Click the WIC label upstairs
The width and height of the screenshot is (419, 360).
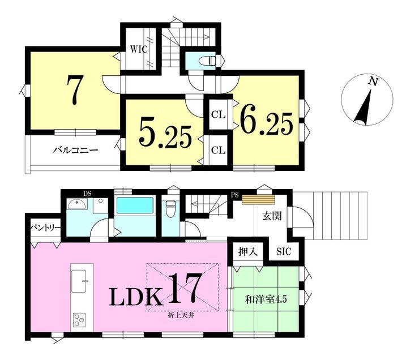[139, 49]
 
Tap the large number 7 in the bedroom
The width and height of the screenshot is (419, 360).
[74, 90]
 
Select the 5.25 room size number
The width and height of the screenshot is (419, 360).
[165, 136]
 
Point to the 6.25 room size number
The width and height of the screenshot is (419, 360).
[267, 122]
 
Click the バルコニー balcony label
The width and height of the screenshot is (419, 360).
[76, 151]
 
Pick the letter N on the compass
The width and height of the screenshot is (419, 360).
[373, 82]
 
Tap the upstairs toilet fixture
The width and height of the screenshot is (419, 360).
[208, 61]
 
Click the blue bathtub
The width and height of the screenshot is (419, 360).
[135, 205]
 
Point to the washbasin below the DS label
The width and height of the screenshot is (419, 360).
[77, 204]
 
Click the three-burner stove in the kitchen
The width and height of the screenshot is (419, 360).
[79, 319]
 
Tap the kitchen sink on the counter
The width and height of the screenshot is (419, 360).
[79, 281]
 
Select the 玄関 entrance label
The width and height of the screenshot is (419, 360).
[272, 216]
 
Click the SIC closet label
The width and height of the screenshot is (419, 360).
[284, 251]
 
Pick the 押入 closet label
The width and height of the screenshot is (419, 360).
[248, 251]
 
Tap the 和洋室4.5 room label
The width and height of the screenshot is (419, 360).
[266, 299]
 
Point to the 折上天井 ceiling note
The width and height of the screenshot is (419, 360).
[181, 316]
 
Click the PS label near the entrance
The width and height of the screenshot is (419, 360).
[235, 195]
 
